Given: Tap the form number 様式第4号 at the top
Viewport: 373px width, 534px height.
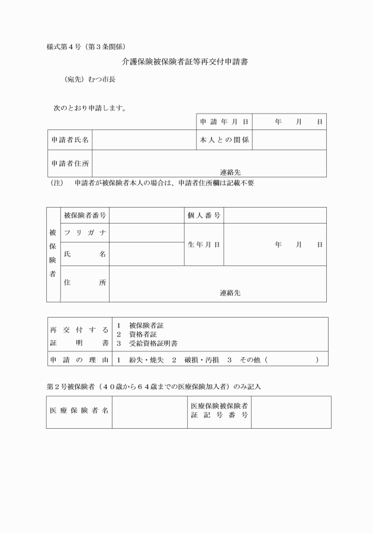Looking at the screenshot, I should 65,46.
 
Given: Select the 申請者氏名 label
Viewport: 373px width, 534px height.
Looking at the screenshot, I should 70,140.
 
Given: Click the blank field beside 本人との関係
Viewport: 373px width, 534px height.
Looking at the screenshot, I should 289,140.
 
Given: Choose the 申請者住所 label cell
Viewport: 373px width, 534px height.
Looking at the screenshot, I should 70,163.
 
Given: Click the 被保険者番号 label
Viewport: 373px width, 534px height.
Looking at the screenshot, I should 85,215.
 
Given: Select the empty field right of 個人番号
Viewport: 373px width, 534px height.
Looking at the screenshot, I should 275,215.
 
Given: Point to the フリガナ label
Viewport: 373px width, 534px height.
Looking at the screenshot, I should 85,232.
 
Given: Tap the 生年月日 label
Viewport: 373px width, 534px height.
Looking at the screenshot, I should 204,244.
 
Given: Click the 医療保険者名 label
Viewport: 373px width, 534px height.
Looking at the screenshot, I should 78,412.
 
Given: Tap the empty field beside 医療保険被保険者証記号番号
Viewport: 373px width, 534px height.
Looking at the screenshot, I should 291,412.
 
